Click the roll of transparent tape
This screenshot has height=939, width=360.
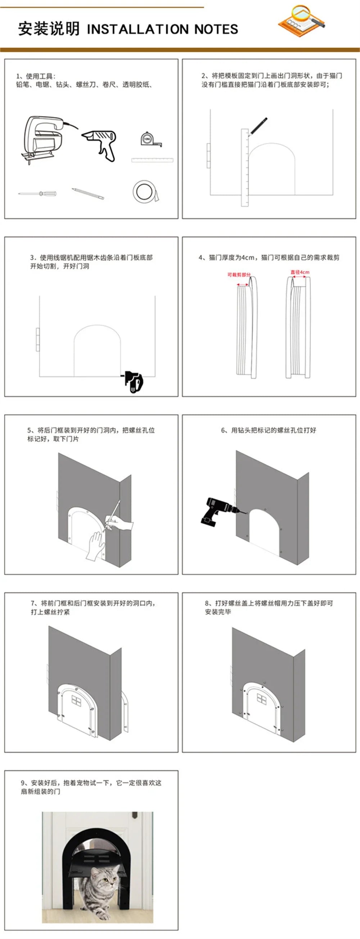tap(144, 191)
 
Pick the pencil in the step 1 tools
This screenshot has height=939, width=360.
tap(87, 193)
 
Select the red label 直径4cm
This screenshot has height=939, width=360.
tap(300, 272)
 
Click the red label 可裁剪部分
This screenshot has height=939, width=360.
tap(239, 275)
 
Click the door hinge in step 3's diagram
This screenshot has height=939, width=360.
tap(37, 339)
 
